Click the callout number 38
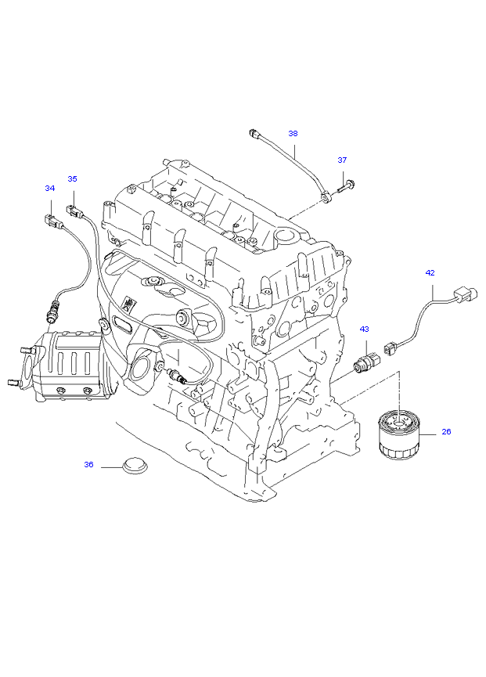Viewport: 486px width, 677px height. coord(293,133)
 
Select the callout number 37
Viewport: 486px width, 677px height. coord(342,160)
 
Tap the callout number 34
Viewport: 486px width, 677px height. coord(50,188)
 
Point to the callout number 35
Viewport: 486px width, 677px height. coord(72,178)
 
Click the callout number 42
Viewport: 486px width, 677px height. coord(430,272)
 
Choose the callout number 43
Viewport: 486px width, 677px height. coord(364,329)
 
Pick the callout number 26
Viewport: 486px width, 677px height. coord(446,431)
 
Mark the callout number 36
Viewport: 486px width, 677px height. coord(88,464)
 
